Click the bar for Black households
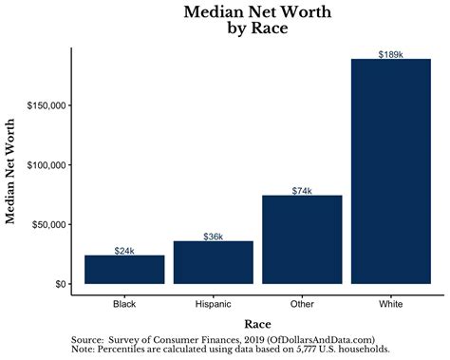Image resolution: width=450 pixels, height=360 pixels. pos(124,270)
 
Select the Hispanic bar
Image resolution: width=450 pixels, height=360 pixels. pos(214,263)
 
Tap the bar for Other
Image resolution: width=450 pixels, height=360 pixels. pos(302,239)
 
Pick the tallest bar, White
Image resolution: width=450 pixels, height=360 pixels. pos(391,171)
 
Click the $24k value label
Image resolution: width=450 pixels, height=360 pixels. pos(124,251)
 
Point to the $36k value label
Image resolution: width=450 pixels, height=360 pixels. pos(214,237)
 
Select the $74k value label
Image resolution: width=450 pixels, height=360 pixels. pos(302,191)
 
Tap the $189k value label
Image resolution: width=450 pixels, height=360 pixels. pos(391,54)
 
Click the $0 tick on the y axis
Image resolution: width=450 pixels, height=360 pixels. pos(59,284)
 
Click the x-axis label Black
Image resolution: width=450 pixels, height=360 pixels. pos(124,304)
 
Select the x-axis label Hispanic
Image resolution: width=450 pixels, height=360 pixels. pos(214,304)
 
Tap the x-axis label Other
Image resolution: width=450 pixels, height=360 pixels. pos(302,304)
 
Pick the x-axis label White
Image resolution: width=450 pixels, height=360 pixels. pos(391,304)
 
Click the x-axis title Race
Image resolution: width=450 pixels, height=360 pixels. pos(257,324)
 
